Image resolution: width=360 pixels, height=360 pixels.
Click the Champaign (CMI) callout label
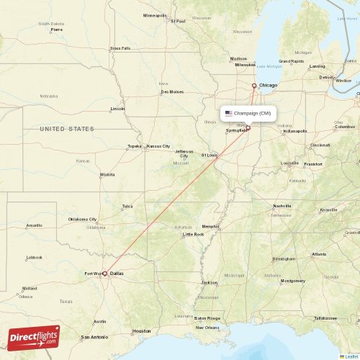coord(248,113)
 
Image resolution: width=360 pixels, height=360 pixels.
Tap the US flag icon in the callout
coord(229,113)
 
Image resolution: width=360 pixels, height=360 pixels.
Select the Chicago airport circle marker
coord(253,86)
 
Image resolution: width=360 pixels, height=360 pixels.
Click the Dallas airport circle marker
coord(105,274)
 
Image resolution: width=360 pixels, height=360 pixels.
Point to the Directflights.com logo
coord(35,336)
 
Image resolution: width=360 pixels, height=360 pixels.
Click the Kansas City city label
coord(158,146)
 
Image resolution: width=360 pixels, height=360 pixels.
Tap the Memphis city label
coord(210,227)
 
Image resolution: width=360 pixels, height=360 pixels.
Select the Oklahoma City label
coord(82,219)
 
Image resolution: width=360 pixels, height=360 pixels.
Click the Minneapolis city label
coord(155,15)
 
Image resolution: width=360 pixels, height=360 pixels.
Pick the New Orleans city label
coord(208,327)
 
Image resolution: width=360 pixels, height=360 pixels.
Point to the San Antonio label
coord(94,337)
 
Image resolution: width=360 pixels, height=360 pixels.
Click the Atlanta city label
coord(318,254)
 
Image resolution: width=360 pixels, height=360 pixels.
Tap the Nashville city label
coord(282,206)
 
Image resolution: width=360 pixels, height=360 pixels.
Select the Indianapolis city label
coord(294,131)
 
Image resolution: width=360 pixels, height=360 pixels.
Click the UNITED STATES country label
coord(67,129)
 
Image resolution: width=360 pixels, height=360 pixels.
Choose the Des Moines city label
coord(172,91)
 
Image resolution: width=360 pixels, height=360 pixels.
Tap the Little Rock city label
coord(193,234)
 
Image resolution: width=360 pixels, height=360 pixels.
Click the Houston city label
coord(141,331)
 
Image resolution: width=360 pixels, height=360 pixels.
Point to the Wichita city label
coord(107,174)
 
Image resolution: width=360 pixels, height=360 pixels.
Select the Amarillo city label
coord(34,225)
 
